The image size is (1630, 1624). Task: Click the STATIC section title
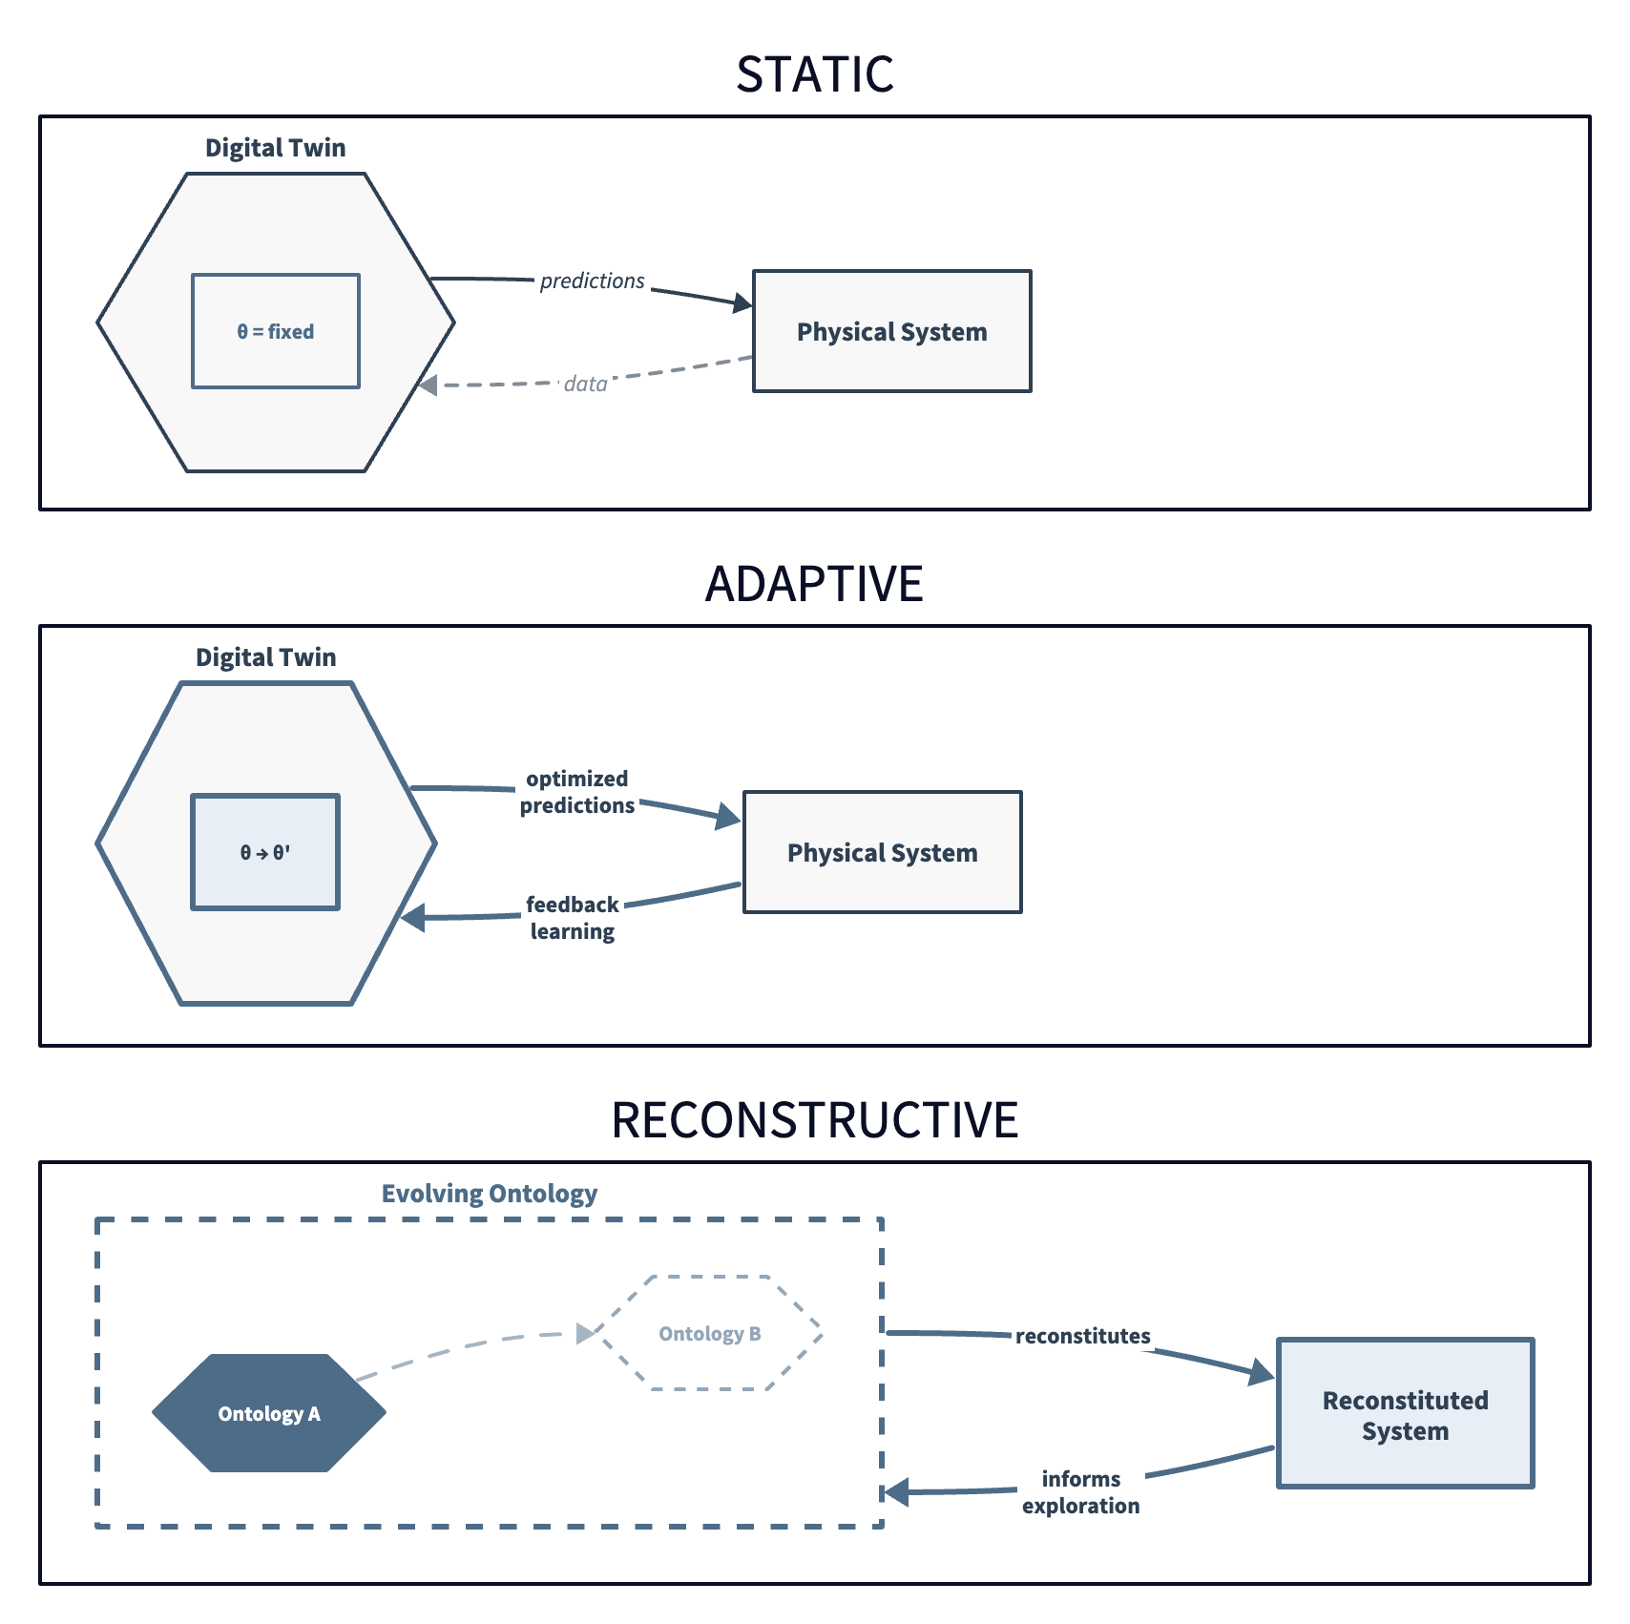coord(814,74)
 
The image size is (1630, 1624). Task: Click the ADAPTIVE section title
coord(814,584)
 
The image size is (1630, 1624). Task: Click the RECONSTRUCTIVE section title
coord(814,1120)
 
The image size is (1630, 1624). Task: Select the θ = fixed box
coord(276,331)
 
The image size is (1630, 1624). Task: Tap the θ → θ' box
coord(265,852)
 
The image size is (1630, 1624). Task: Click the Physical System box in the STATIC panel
coord(891,331)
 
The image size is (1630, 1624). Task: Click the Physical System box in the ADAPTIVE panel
coord(882,852)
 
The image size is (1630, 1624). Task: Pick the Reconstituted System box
coord(1405,1413)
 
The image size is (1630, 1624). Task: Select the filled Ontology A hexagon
coord(269,1413)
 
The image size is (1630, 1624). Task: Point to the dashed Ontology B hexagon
coord(710,1333)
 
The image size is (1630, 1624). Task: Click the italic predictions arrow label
coord(592,281)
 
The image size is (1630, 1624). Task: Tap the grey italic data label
coord(585,384)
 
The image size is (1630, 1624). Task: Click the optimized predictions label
coord(576,792)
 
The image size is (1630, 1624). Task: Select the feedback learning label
coord(572,918)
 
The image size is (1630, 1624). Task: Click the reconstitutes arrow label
coord(1082,1336)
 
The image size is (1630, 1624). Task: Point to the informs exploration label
coord(1080,1492)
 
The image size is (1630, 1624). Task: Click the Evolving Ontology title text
coord(489,1194)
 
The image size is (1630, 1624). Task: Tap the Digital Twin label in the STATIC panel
coord(275,148)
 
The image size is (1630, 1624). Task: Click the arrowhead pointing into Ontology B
coord(585,1333)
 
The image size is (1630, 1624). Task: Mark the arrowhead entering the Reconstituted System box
coord(1262,1373)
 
